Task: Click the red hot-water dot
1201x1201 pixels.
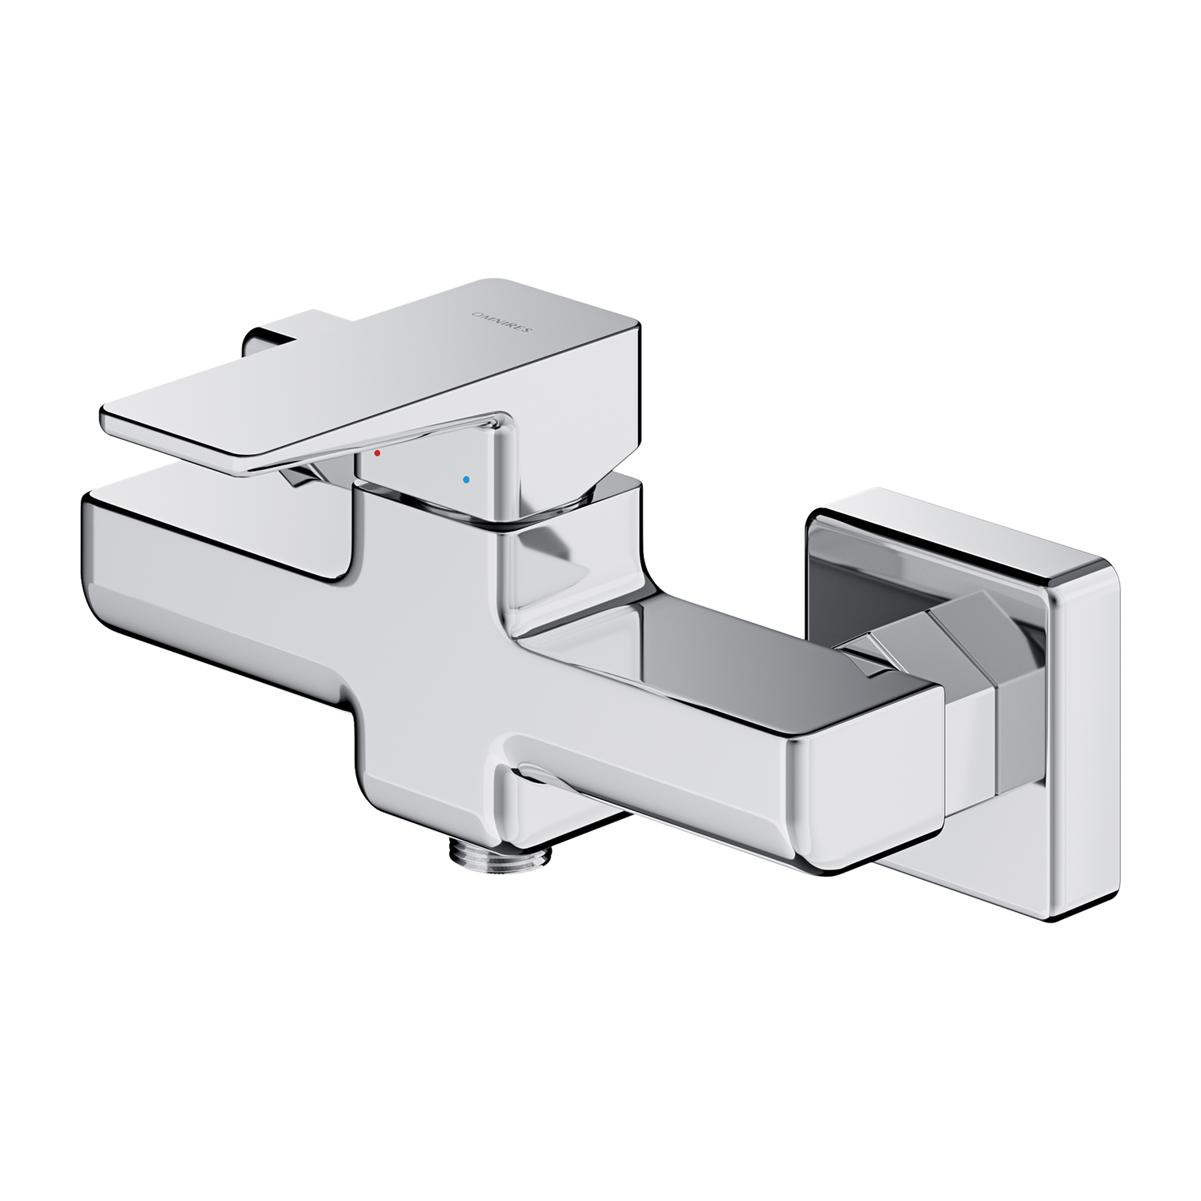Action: (377, 453)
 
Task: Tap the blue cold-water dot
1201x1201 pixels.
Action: (467, 481)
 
